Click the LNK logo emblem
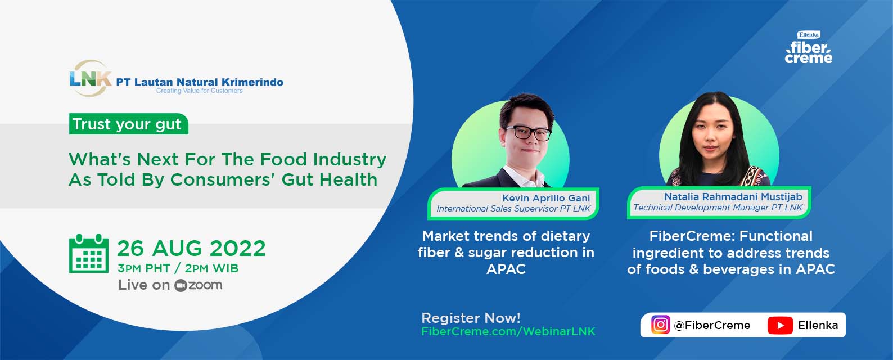pyautogui.click(x=90, y=78)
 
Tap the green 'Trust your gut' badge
pyautogui.click(x=128, y=124)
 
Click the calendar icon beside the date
pyautogui.click(x=88, y=254)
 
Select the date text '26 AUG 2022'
pyautogui.click(x=191, y=249)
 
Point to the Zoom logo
pyautogui.click(x=198, y=285)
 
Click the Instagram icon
pyautogui.click(x=661, y=325)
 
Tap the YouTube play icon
pyautogui.click(x=780, y=325)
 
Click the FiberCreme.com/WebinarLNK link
pyautogui.click(x=508, y=331)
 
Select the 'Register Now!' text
pyautogui.click(x=471, y=318)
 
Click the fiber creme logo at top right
pyautogui.click(x=809, y=47)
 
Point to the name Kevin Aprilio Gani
pyautogui.click(x=546, y=198)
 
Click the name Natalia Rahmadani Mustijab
pyautogui.click(x=733, y=196)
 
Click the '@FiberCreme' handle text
pyautogui.click(x=712, y=325)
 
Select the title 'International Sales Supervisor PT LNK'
pyautogui.click(x=513, y=209)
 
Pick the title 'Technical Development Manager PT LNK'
pyautogui.click(x=718, y=208)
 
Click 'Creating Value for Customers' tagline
pyautogui.click(x=199, y=91)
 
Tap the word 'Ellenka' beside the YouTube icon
pyautogui.click(x=818, y=325)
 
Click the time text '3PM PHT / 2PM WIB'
pyautogui.click(x=178, y=268)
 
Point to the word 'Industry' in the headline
pyautogui.click(x=350, y=159)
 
